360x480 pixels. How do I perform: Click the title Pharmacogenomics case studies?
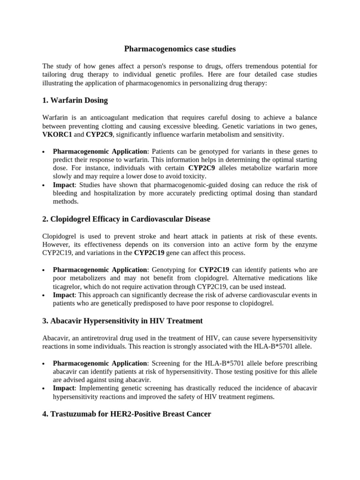(180, 49)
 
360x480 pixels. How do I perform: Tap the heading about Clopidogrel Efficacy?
(126, 219)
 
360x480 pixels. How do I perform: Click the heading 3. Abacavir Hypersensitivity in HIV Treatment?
(122, 321)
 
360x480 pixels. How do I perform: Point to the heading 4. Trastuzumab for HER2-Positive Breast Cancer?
(127, 414)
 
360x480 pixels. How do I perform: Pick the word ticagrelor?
(70, 286)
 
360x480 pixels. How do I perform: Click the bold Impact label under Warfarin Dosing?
(64, 185)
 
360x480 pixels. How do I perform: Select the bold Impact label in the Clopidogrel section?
(64, 295)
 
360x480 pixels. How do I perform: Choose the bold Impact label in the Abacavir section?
(64, 388)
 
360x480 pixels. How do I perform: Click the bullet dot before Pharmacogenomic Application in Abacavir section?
(43, 364)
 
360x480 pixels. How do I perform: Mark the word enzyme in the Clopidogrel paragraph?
(306, 244)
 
